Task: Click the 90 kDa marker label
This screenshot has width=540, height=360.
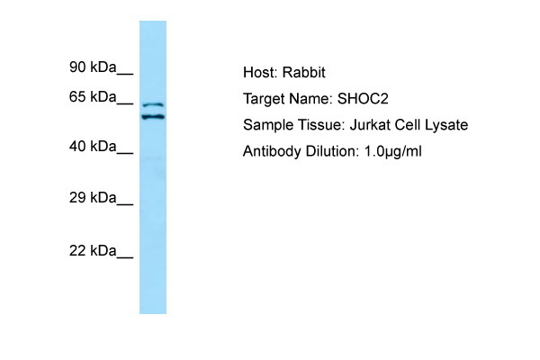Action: pyautogui.click(x=93, y=67)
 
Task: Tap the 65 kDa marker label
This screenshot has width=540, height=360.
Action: pyautogui.click(x=93, y=97)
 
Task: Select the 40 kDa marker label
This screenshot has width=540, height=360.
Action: pyautogui.click(x=93, y=147)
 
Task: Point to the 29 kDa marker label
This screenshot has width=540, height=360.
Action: pyautogui.click(x=93, y=198)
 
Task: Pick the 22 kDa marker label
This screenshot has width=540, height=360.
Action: pyautogui.click(x=93, y=250)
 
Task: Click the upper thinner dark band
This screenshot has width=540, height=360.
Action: pyautogui.click(x=153, y=104)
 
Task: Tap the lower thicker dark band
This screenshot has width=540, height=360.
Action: pyautogui.click(x=153, y=117)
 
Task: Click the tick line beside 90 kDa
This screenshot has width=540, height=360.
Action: pyautogui.click(x=125, y=74)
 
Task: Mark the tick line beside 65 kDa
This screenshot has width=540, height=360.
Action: pyautogui.click(x=125, y=103)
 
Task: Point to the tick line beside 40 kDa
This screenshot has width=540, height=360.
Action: pyautogui.click(x=125, y=153)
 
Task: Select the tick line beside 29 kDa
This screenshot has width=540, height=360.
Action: pyautogui.click(x=125, y=204)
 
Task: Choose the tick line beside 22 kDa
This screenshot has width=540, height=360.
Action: pyautogui.click(x=125, y=257)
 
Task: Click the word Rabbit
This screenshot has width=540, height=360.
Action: pyautogui.click(x=304, y=72)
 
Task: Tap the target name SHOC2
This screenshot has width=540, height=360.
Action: pyautogui.click(x=363, y=99)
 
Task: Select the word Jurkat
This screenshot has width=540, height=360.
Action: pyautogui.click(x=370, y=125)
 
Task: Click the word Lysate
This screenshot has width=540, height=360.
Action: pyautogui.click(x=446, y=125)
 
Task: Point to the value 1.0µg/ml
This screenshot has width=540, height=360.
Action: pyautogui.click(x=392, y=151)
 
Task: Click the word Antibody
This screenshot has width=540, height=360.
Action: pyautogui.click(x=272, y=151)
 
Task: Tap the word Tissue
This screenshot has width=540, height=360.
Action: pyautogui.click(x=321, y=125)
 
